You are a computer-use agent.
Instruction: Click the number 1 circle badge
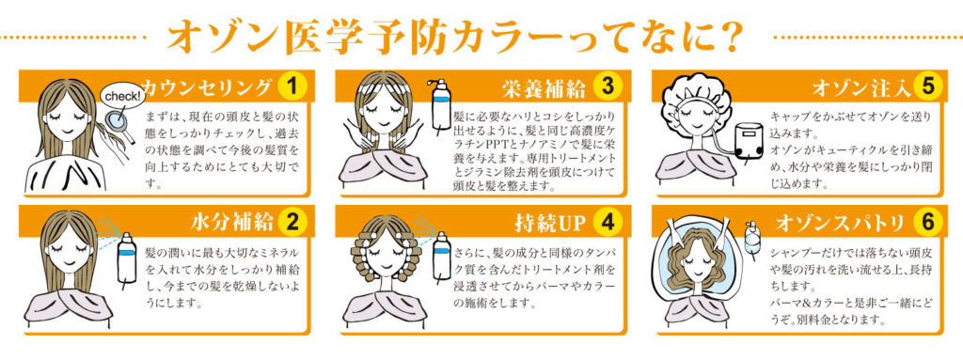pos(293,87)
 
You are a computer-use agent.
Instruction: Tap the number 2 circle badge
pos(293,223)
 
